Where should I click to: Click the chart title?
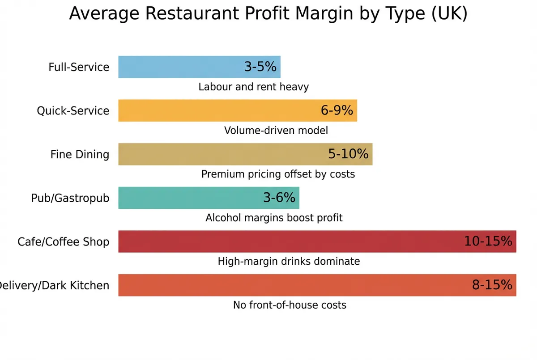point(268,14)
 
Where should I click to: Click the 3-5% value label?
point(260,67)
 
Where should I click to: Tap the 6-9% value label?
point(337,110)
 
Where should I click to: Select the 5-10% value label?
point(348,154)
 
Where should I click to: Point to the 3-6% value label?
point(279,198)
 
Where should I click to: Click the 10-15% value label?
point(488,241)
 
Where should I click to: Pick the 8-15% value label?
point(492,285)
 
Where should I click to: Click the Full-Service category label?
point(79,67)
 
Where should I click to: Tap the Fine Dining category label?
point(80,154)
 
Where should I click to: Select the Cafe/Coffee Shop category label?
point(63,241)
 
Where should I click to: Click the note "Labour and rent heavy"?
point(253,87)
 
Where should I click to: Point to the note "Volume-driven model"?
point(276,131)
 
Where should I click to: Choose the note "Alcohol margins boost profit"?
point(274,218)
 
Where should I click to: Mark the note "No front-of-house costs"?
point(290,305)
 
